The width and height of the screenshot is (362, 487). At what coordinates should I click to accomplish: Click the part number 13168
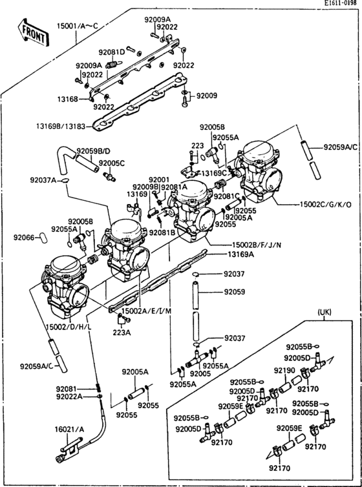(68, 99)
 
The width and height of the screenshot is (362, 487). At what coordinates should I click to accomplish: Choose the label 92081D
(111, 52)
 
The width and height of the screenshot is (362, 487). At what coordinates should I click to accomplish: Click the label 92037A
(43, 180)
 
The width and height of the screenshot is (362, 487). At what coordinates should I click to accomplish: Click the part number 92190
(284, 371)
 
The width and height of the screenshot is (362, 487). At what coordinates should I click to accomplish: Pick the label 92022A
(69, 397)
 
